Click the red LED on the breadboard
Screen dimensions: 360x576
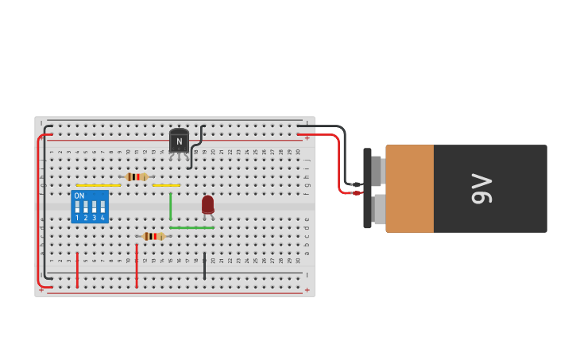coord(207,204)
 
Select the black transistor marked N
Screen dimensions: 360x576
coord(179,141)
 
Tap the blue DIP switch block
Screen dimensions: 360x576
coord(90,206)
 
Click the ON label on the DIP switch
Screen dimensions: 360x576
coord(79,195)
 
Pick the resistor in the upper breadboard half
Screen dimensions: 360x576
coord(136,176)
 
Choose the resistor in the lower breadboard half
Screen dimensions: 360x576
coord(153,236)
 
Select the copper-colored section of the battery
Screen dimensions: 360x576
coord(410,188)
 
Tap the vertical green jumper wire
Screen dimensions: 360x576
coord(170,206)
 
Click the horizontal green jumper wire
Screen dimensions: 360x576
coord(191,228)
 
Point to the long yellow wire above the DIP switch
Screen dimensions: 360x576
coord(99,185)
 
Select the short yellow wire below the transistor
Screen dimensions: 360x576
coord(166,185)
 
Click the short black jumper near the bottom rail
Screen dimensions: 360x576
coord(204,266)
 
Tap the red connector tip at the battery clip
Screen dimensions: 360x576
coord(357,192)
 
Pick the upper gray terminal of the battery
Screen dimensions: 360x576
coord(377,170)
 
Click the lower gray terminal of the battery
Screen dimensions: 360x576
coord(379,209)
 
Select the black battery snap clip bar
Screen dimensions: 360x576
coord(367,188)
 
